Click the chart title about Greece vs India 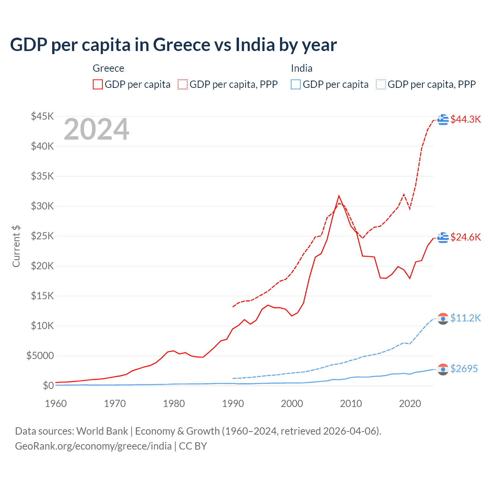tap(173, 45)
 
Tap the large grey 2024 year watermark tap(96, 130)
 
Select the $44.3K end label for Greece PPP tap(465, 119)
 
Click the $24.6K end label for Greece tap(465, 237)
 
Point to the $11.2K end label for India tap(465, 318)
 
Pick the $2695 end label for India tap(464, 369)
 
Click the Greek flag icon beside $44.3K tap(443, 119)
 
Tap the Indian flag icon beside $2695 tap(443, 369)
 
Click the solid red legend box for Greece tap(98, 84)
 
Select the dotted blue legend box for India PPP tap(381, 84)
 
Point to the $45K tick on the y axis tap(43, 116)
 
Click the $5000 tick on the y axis tap(40, 356)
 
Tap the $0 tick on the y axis tap(48, 386)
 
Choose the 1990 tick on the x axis tap(233, 404)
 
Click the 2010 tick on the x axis tap(351, 404)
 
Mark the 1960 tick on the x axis tap(56, 404)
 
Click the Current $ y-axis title tap(16, 246)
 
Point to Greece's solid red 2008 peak tap(339, 196)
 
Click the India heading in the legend tap(302, 68)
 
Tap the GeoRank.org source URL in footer tap(93, 446)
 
